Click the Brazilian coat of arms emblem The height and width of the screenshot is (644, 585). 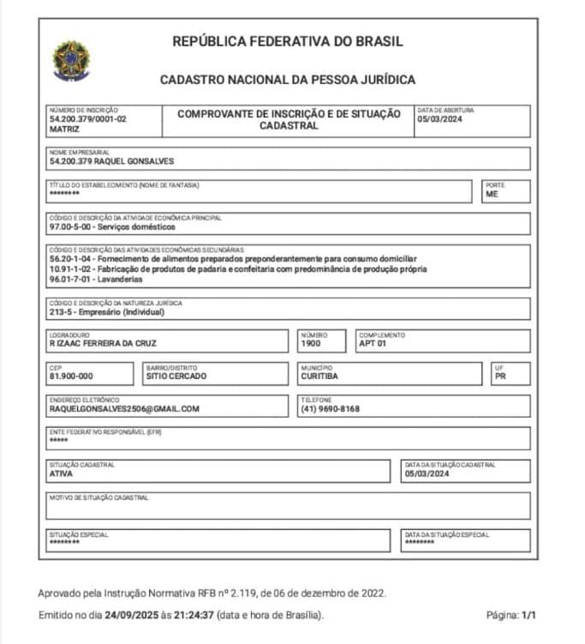[x=71, y=59]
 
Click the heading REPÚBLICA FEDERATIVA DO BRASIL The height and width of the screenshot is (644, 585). [x=288, y=41]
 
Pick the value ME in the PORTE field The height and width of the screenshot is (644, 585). [x=492, y=194]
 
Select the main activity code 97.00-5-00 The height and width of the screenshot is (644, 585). [x=71, y=227]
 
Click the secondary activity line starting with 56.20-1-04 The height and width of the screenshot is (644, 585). [x=233, y=258]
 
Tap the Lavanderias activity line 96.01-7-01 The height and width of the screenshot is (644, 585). [x=96, y=279]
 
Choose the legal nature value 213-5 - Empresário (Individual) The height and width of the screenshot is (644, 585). [x=107, y=311]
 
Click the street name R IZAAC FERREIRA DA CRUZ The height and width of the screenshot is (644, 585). [x=104, y=344]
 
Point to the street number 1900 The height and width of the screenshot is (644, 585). [x=310, y=344]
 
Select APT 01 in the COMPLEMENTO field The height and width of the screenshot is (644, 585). [x=373, y=344]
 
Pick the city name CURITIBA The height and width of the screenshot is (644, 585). [x=319, y=376]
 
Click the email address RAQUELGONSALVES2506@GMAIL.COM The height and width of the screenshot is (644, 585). [x=124, y=409]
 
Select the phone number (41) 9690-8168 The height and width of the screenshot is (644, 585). [x=331, y=409]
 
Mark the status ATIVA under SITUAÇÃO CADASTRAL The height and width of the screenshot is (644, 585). [x=62, y=473]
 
